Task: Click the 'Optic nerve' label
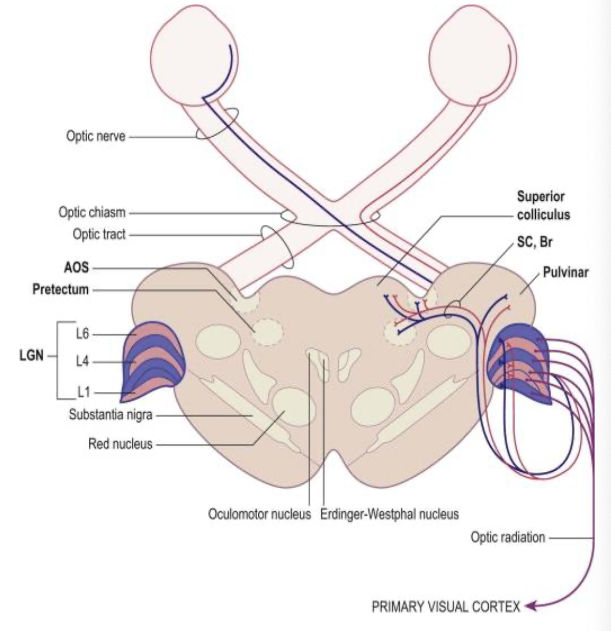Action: tap(95, 136)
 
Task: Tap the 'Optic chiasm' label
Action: tap(92, 212)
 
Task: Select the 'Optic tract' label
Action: tap(99, 234)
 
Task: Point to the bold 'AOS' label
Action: tap(76, 268)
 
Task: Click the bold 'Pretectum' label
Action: tap(60, 289)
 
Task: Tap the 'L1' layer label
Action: tap(83, 392)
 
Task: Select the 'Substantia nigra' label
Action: tap(110, 415)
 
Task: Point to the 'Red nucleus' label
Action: tap(120, 443)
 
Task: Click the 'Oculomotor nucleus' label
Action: tap(259, 515)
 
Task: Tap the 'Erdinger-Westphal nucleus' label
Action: tap(389, 515)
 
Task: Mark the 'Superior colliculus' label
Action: tap(543, 205)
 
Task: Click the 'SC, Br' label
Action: tap(534, 242)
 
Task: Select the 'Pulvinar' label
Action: tap(565, 272)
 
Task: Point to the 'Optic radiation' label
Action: tap(508, 537)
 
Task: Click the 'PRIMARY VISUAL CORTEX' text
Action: tap(445, 607)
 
